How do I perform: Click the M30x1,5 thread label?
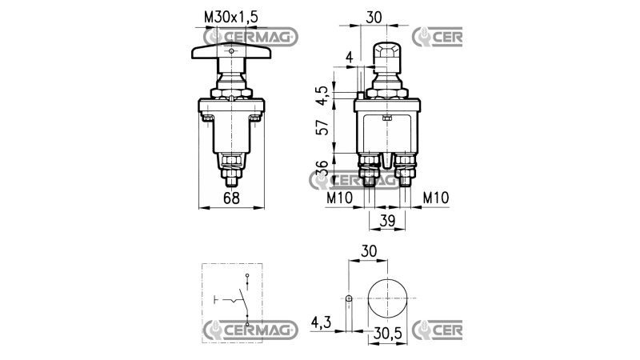tap(231, 17)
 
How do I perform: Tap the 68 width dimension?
tap(231, 198)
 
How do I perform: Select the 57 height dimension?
tap(322, 127)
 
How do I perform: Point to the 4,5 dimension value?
tap(322, 95)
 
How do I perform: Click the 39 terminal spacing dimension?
tap(387, 221)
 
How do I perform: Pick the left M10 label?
tap(339, 198)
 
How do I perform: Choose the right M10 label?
tap(436, 198)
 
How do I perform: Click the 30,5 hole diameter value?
tap(387, 334)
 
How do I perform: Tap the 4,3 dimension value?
tap(322, 323)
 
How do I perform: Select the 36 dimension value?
tap(322, 168)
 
